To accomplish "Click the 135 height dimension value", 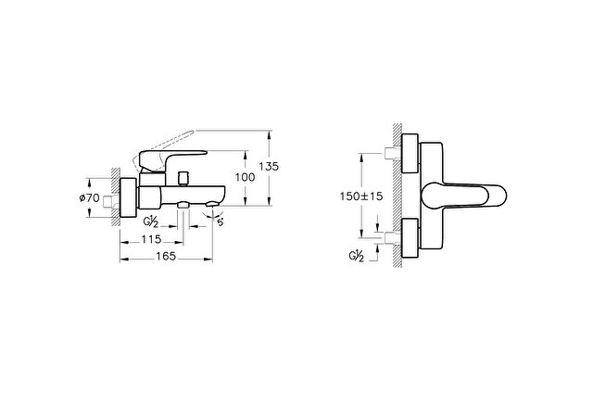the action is (x=269, y=166).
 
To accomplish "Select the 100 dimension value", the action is (x=245, y=177).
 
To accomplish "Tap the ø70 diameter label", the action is (x=90, y=197).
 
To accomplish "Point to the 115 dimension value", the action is (x=151, y=239).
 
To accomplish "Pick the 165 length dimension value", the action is (x=166, y=256).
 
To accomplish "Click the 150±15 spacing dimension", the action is (x=361, y=196).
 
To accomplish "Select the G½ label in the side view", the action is (x=150, y=222).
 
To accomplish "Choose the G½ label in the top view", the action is (x=356, y=257).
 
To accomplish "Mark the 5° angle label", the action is (x=221, y=222).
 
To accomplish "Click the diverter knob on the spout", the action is (x=183, y=179).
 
